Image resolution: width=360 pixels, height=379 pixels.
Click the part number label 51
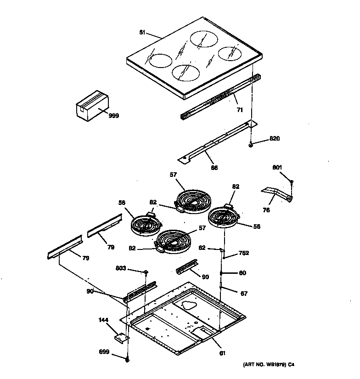click(x=142, y=32)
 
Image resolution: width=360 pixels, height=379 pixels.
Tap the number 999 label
click(x=113, y=116)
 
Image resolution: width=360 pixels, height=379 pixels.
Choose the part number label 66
click(x=214, y=168)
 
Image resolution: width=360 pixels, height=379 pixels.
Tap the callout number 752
click(x=243, y=253)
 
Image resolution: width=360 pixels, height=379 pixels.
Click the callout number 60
click(x=242, y=273)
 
